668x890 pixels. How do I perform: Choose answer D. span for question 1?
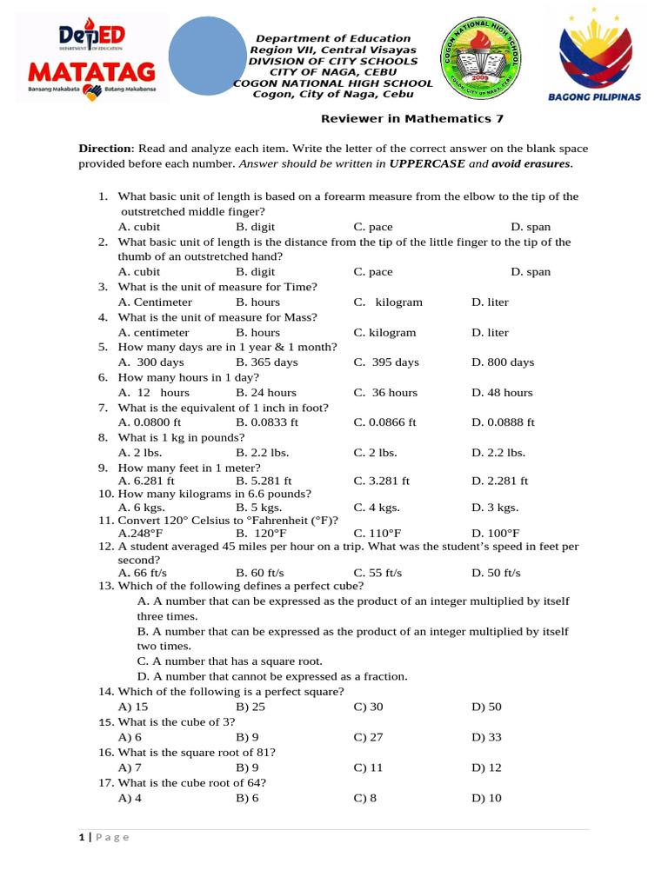pos(531,227)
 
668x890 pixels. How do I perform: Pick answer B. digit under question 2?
pos(255,272)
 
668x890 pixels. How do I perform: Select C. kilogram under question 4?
pos(384,333)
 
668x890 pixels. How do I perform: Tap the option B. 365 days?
pos(266,362)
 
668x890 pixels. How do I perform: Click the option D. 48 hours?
pos(502,393)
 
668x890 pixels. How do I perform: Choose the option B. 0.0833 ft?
pos(266,422)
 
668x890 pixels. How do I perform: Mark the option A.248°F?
pos(140,534)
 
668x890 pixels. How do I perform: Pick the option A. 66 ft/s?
pos(142,574)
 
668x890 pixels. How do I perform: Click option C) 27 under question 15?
pos(368,738)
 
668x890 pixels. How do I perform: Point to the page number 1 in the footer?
pos(82,837)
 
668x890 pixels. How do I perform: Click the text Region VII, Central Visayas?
pos(333,50)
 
